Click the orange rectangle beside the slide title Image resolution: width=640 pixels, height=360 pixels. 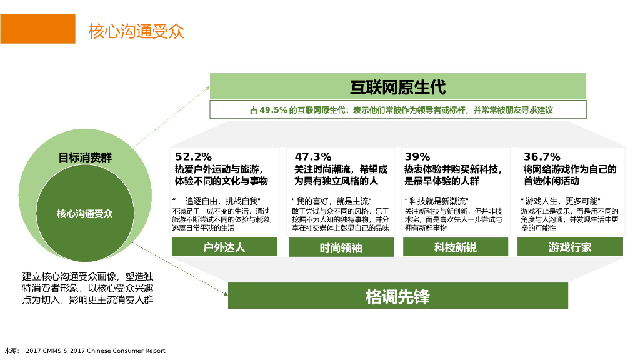[x=37, y=29]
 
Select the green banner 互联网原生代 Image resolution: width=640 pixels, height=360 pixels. [x=397, y=86]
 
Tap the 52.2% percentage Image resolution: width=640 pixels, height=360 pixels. [x=193, y=157]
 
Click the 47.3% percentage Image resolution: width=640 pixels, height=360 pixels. [x=312, y=157]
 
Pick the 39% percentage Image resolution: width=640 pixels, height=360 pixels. [x=417, y=157]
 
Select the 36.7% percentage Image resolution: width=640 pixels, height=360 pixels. [x=542, y=157]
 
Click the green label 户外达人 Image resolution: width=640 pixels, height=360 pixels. [x=224, y=247]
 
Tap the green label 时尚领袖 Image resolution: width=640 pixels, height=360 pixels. [x=341, y=247]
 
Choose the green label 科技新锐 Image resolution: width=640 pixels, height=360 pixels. [x=455, y=247]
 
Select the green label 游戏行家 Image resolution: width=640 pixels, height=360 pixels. [x=570, y=247]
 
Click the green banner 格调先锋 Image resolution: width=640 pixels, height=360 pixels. [x=397, y=296]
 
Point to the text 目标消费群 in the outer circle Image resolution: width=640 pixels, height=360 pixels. [x=85, y=157]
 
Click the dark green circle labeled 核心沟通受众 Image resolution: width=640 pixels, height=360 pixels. [x=85, y=214]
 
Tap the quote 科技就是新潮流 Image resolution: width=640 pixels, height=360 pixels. [x=437, y=201]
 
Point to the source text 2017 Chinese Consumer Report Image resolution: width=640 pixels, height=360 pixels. [x=126, y=351]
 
